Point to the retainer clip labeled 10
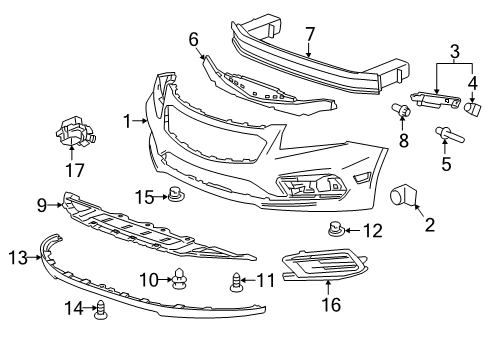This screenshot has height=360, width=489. [179, 276]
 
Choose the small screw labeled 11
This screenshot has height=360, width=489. [237, 280]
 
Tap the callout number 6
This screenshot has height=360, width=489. [194, 39]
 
